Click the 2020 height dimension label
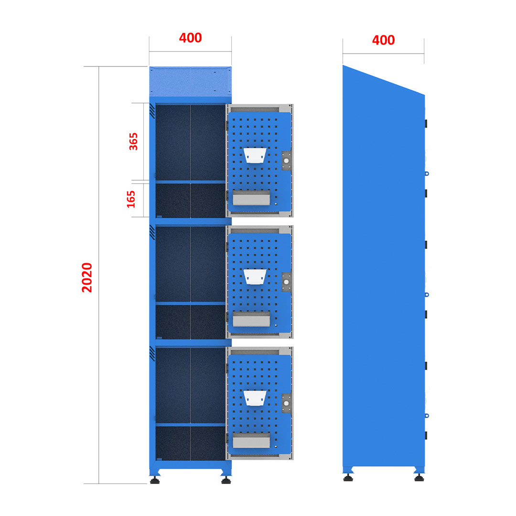[87, 278]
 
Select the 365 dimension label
[133, 141]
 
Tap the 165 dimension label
[131, 199]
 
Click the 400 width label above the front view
[190, 38]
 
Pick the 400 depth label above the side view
[383, 40]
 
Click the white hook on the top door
[255, 155]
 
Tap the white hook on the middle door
[255, 277]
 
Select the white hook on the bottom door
[255, 398]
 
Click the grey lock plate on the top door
[286, 161]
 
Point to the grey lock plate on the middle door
[286, 282]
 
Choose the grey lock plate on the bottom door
[286, 403]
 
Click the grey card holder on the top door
[251, 198]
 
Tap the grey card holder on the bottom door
[251, 441]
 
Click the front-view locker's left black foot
[155, 481]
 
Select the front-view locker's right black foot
[226, 481]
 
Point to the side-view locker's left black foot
[348, 478]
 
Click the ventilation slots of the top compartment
[152, 111]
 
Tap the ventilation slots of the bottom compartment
[152, 354]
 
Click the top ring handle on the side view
[427, 173]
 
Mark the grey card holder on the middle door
[251, 319]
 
